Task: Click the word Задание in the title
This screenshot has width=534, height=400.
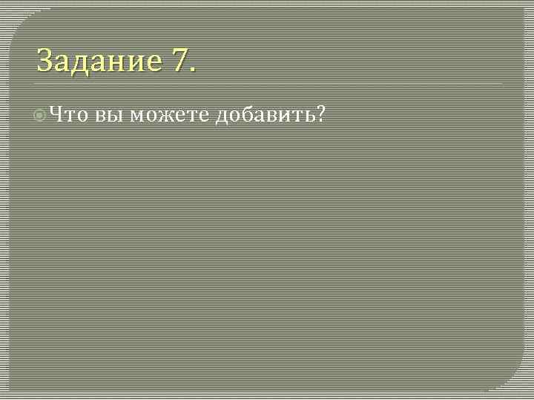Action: (99, 61)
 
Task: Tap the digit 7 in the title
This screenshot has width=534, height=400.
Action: (179, 61)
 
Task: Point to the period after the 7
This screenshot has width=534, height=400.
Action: (194, 70)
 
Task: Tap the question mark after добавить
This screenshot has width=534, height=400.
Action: (320, 116)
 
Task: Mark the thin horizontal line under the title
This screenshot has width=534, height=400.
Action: (267, 84)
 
